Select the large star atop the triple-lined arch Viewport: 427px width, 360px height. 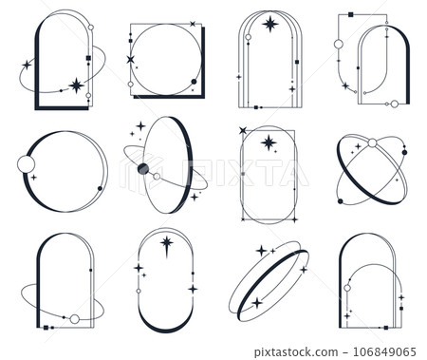point(269,24)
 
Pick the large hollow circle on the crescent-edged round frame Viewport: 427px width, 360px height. point(25,167)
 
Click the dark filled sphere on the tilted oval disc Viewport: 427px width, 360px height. point(143,169)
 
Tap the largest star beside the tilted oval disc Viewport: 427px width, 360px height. point(140,126)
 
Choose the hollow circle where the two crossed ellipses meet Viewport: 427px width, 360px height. point(372,143)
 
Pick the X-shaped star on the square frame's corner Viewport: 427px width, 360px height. point(130,60)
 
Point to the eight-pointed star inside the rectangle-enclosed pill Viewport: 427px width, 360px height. point(269,142)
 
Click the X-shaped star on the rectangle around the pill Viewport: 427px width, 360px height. point(243,130)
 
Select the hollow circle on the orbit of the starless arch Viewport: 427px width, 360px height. point(74,317)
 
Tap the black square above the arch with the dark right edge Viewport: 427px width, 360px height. point(352,15)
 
